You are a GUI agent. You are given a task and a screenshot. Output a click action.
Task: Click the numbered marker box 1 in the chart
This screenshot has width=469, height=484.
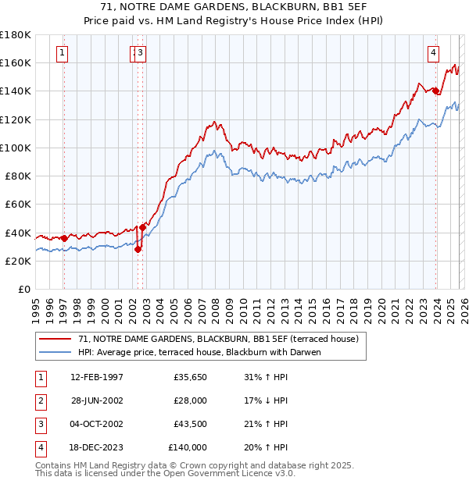[x=62, y=53]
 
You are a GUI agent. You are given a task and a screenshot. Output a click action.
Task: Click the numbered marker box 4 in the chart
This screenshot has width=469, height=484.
[x=432, y=53]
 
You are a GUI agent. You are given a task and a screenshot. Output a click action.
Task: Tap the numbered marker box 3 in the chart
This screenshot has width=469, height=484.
[x=141, y=53]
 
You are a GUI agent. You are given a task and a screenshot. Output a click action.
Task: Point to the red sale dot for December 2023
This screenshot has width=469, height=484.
[x=435, y=91]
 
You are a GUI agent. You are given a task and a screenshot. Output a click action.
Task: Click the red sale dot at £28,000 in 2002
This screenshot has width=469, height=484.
[x=138, y=250]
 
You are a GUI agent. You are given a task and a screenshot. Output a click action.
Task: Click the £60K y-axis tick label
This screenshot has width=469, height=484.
[x=18, y=205]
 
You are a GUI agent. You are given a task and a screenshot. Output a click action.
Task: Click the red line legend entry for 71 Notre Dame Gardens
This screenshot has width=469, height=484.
[x=217, y=339]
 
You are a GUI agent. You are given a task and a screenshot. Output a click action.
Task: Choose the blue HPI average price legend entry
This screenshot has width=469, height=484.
[x=199, y=352]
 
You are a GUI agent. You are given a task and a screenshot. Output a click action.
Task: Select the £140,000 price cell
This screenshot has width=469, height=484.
[x=188, y=447]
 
